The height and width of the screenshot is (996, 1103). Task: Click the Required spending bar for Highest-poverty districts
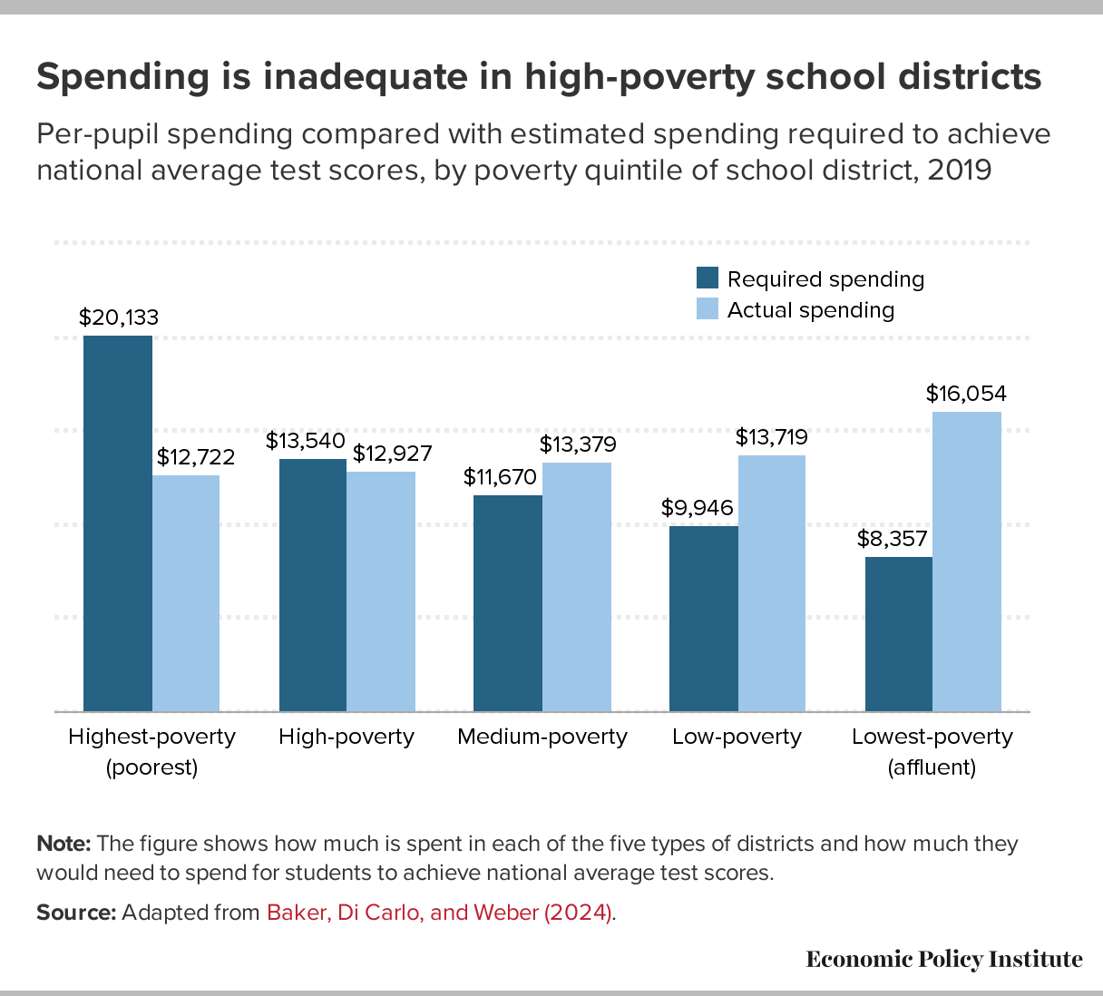(118, 523)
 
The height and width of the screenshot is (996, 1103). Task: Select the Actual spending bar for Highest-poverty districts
(186, 593)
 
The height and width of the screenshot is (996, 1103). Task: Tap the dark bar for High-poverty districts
(313, 585)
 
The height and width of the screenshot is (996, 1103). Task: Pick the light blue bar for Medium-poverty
(577, 587)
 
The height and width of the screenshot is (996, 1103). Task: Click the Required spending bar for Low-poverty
(704, 619)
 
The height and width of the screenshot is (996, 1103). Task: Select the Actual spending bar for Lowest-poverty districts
(967, 561)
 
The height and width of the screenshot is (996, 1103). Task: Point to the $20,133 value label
(119, 317)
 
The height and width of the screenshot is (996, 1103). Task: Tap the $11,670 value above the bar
(500, 477)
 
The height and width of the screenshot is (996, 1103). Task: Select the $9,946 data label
(697, 508)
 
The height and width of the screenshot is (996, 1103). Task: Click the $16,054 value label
(966, 394)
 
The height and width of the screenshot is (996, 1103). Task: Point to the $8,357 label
(893, 539)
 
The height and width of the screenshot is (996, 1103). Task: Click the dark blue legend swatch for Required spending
(708, 278)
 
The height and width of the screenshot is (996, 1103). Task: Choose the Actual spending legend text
(811, 310)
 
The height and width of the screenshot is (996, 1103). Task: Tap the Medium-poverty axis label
(542, 737)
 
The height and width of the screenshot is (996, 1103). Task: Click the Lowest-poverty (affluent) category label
(932, 751)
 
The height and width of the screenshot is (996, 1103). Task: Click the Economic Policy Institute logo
(944, 960)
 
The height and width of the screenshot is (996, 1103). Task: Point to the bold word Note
(63, 844)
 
